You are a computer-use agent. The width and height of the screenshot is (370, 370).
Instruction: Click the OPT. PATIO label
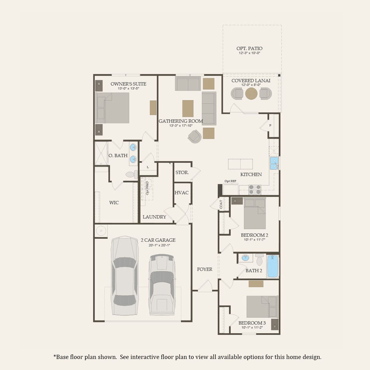pos(249,48)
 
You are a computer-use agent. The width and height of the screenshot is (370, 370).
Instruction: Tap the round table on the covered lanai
pos(251,93)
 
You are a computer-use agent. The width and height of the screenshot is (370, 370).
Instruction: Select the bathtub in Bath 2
pos(272,266)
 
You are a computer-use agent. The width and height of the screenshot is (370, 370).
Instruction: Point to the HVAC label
pos(181,193)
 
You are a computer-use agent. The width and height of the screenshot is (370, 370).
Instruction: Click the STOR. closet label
pos(182,172)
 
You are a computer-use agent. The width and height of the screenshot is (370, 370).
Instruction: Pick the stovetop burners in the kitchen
pos(255,190)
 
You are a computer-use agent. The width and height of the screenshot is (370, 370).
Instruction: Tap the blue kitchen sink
pos(274,163)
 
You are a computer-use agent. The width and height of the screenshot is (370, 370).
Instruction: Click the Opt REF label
pos(230,181)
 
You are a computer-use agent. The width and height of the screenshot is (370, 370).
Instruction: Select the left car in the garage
pos(124,276)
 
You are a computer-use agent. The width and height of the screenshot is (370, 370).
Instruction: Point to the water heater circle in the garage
pos(101,231)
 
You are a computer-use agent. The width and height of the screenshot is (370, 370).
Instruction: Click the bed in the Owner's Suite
pos(112,108)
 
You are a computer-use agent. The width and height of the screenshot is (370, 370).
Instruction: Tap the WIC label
pos(114,203)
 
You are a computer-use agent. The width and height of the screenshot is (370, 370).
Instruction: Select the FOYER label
pos(205,269)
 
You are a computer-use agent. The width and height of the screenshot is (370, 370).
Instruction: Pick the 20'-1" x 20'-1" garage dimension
pos(159,245)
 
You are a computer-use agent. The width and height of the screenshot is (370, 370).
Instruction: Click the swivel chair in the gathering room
pos(195,137)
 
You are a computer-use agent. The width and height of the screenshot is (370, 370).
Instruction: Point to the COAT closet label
pos(221,204)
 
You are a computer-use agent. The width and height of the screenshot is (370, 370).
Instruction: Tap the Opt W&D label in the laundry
pos(147,188)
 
